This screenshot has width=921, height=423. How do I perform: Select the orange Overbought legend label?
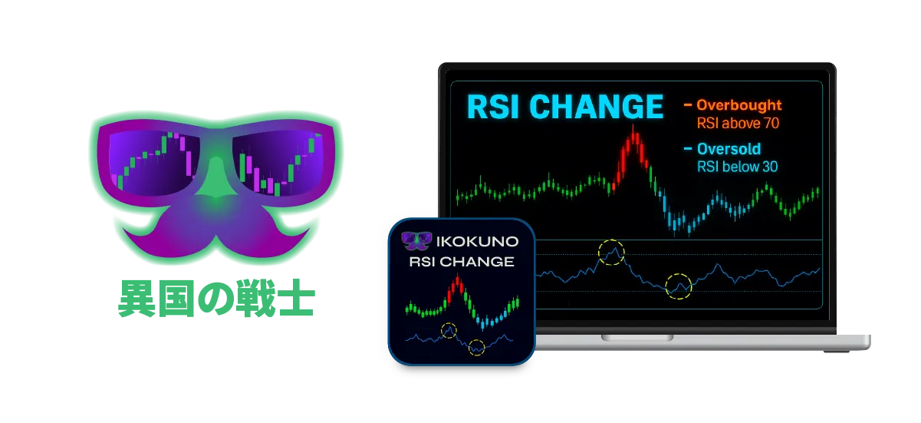738,105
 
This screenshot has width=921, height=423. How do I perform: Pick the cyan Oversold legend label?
729,148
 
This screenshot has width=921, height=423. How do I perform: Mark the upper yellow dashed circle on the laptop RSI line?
611,240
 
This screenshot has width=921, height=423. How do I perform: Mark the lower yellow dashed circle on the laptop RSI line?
679,274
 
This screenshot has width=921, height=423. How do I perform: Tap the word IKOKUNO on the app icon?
477,242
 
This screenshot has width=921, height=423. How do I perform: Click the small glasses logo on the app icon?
416,241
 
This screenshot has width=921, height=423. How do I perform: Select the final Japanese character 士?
297,298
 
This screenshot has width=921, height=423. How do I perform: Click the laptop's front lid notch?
637,338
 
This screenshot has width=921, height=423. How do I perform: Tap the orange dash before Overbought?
687,105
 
